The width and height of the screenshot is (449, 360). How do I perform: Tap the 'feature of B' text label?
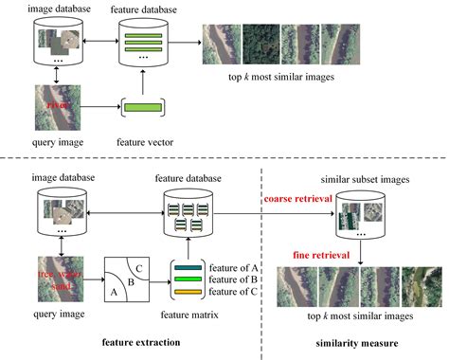tap(235, 279)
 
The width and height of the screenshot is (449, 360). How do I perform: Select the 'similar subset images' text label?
tap(357, 175)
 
